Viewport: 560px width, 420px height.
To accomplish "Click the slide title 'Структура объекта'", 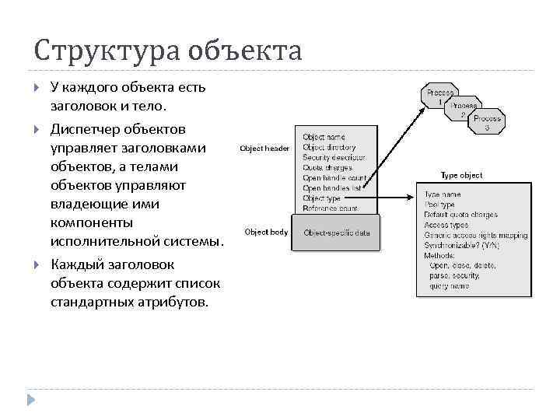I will point(167,51).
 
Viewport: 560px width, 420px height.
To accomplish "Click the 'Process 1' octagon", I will point(439,96).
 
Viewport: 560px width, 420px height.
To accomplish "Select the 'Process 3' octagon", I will point(487,123).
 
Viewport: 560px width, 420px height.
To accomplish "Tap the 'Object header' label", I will point(264,148).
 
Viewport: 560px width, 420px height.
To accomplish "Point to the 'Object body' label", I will point(266,232).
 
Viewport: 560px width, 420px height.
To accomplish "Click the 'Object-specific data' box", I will point(337,233).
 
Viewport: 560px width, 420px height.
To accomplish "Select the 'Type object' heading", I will point(461,176).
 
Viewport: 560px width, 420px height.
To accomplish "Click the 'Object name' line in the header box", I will point(324,137).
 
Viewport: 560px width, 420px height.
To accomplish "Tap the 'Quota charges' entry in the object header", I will point(327,167).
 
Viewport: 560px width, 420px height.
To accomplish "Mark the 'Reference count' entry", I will point(331,208).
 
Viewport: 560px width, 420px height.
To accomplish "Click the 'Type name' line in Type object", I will point(443,194).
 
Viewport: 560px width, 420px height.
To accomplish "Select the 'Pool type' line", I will point(440,205).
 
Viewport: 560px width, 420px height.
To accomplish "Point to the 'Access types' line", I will point(446,225).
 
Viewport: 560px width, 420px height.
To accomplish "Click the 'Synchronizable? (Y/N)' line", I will point(462,245).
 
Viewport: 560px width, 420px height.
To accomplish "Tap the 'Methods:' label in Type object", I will point(439,255).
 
